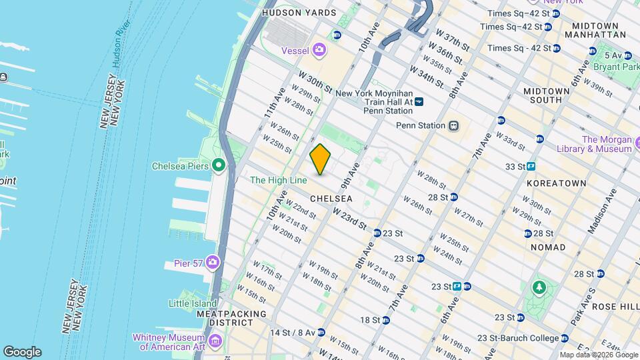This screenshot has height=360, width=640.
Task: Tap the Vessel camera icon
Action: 319,49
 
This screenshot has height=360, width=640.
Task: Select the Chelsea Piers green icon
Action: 218,165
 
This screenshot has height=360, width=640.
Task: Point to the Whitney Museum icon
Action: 215,342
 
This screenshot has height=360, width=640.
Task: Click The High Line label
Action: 278,180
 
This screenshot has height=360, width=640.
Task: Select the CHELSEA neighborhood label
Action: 331,199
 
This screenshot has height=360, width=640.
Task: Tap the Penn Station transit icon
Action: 453,125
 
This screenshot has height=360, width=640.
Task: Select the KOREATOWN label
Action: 556,183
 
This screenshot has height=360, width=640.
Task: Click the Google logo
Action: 22,352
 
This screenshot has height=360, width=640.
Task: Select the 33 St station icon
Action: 532,166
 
